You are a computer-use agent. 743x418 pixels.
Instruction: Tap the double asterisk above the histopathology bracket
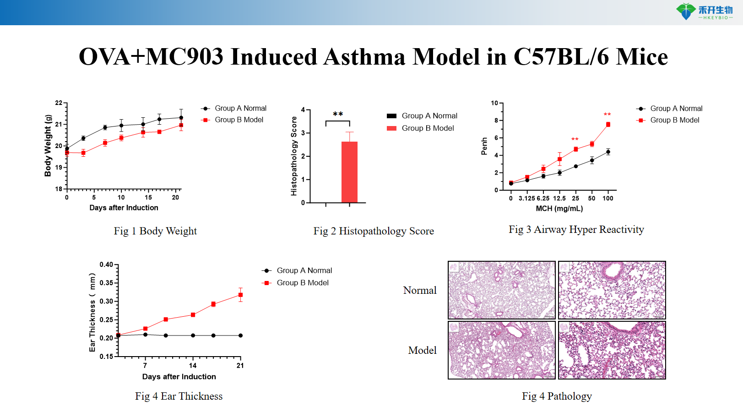tap(338, 114)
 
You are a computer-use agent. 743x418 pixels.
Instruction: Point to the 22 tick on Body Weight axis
tap(59, 103)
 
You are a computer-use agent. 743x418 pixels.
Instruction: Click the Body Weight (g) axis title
tap(48, 146)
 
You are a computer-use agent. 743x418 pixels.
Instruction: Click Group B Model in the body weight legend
tap(239, 120)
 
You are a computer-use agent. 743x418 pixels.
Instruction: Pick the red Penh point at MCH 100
tap(608, 125)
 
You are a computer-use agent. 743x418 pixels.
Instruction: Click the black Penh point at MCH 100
tap(608, 152)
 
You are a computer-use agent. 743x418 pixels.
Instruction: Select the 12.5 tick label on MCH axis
tap(559, 198)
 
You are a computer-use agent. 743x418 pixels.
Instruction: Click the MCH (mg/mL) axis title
tap(559, 209)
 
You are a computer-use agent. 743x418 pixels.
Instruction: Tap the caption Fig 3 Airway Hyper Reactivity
tap(576, 230)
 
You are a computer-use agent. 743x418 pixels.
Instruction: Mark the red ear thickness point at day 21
tap(240, 295)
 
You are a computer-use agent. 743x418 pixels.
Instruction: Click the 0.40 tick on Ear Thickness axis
tap(106, 264)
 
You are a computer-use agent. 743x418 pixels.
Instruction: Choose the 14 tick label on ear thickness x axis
tap(193, 365)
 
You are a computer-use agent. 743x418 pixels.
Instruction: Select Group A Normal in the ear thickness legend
tap(304, 270)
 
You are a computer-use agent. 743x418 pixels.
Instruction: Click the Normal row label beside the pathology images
tap(419, 291)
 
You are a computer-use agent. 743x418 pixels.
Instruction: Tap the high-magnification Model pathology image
tap(612, 350)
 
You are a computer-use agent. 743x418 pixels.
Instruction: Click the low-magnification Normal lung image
tap(501, 290)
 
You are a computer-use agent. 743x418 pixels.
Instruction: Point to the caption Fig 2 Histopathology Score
tap(374, 231)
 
